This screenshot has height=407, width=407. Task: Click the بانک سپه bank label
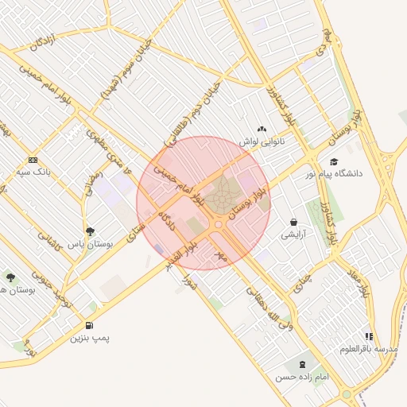(34, 171)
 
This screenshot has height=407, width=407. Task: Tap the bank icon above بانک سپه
(32, 159)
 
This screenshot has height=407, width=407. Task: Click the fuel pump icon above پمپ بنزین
(88, 325)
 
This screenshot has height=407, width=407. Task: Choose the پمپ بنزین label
(89, 339)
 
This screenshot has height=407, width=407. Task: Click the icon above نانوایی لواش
(262, 129)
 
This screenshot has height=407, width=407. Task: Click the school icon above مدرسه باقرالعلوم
(369, 337)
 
